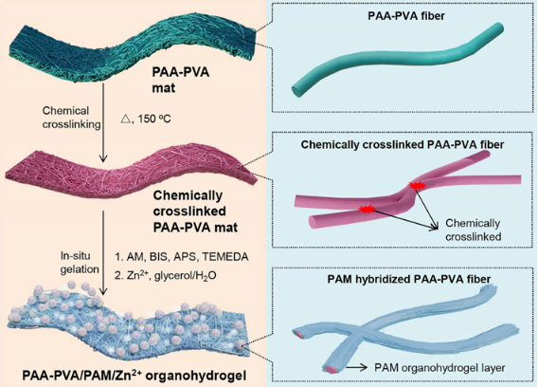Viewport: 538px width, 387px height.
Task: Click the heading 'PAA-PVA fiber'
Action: (406, 16)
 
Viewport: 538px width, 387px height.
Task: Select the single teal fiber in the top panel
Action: (398, 60)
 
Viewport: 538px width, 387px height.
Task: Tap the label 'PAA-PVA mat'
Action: (181, 80)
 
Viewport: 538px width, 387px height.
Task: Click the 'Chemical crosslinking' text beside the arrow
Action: (71, 118)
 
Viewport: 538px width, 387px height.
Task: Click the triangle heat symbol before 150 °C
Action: (126, 119)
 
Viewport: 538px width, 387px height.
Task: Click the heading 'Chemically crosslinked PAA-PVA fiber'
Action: (403, 144)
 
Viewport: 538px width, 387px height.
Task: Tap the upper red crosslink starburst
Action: (417, 186)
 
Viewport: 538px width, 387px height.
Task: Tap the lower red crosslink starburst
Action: (367, 209)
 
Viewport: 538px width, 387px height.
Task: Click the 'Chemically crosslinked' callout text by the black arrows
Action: (474, 230)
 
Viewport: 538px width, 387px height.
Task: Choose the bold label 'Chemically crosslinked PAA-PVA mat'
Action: (195, 212)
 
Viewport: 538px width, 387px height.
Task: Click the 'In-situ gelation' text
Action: (80, 263)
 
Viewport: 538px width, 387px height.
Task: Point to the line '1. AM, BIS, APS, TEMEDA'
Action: (182, 257)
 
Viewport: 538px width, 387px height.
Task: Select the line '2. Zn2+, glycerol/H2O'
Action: (166, 276)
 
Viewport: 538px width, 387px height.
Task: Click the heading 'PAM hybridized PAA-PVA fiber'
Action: (409, 279)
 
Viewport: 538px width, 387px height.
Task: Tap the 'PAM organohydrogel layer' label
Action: (439, 368)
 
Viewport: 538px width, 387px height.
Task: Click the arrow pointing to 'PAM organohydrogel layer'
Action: (357, 368)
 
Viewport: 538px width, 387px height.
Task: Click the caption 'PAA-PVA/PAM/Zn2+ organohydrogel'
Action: (134, 376)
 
